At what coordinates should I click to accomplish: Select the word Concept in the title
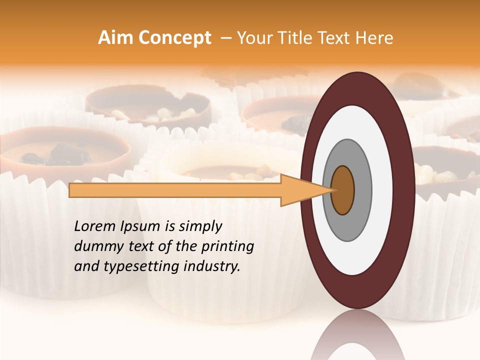tap(174, 38)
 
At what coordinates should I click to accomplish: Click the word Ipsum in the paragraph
tap(145, 227)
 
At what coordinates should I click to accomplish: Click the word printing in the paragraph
tap(229, 247)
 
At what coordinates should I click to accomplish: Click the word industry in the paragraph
tap(212, 266)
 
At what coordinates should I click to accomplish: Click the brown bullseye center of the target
tap(342, 190)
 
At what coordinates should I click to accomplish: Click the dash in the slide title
tap(225, 38)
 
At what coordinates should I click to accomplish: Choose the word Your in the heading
tap(253, 38)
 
